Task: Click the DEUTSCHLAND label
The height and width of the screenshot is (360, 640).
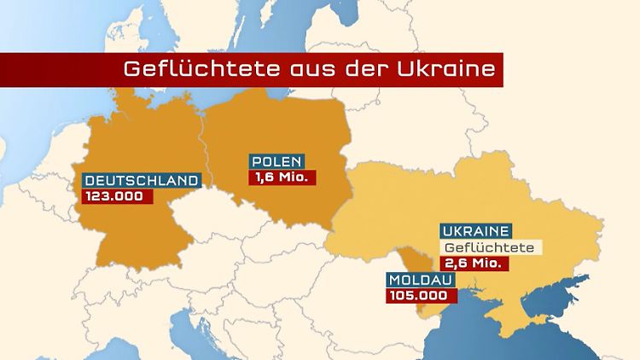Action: point(141,181)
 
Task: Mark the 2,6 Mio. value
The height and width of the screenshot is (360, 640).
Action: point(474,264)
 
